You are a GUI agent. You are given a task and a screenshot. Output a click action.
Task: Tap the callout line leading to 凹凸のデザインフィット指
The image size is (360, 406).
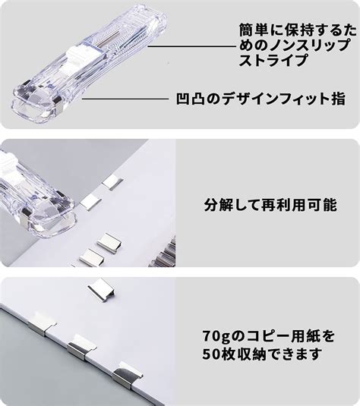125,99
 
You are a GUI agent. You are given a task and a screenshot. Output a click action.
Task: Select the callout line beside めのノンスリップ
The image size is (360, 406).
192,46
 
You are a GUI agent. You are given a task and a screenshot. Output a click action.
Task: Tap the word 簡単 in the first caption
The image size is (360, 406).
255,31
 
